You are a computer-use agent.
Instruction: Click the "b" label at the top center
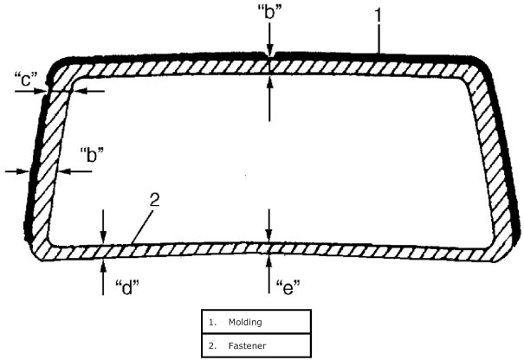pos(271,14)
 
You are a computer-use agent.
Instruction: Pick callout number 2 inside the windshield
pos(153,201)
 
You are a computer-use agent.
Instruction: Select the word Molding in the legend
pos(245,322)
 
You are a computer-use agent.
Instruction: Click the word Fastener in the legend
pos(246,347)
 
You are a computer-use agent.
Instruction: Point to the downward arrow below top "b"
pos(270,40)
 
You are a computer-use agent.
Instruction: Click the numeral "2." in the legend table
pos(211,347)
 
